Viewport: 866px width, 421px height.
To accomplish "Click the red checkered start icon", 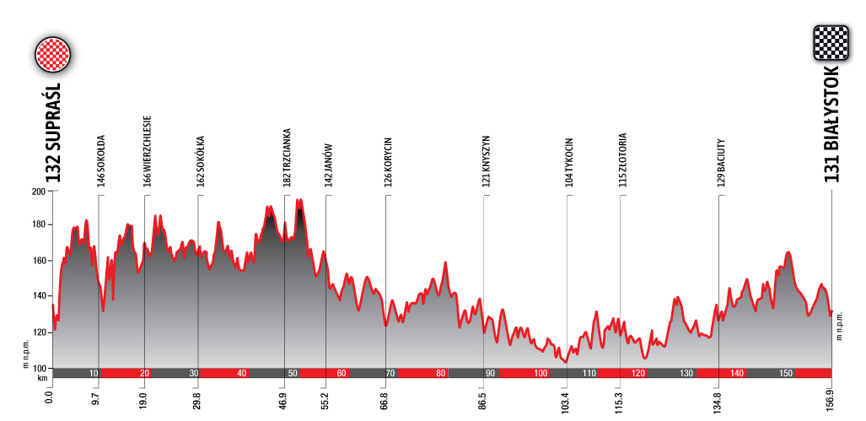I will click(x=52, y=55).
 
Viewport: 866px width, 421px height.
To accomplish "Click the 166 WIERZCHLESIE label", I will click(x=148, y=150).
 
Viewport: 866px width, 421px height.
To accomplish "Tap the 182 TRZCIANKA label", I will click(x=287, y=156).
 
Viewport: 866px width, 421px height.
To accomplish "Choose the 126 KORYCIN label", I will click(x=388, y=161).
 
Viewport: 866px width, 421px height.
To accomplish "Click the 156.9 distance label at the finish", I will click(x=831, y=400).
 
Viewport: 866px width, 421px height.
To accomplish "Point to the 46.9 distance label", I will click(x=283, y=401).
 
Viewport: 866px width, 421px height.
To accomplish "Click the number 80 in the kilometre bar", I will click(x=440, y=374).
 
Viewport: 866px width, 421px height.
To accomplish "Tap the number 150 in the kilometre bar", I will click(x=785, y=374).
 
